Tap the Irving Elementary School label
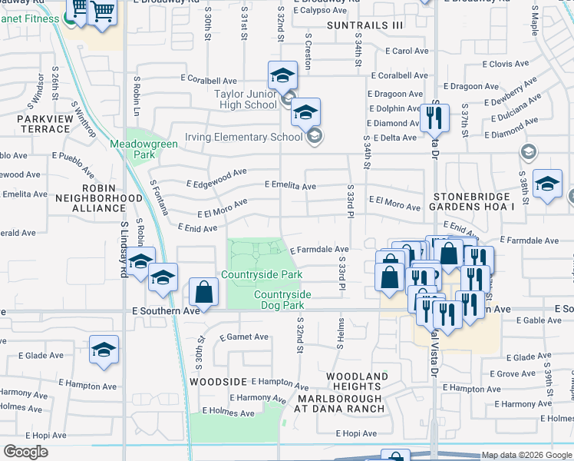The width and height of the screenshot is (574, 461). [243, 137]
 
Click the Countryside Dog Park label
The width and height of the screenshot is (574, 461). [282, 300]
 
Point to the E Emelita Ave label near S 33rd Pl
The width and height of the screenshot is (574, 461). [290, 186]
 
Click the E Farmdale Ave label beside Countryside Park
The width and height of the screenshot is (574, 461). [320, 249]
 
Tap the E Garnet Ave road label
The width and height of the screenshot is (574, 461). [243, 337]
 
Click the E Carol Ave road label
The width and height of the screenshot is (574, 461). [400, 51]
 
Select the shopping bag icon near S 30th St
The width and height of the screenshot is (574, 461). [203, 292]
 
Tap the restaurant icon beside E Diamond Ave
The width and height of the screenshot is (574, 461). [434, 117]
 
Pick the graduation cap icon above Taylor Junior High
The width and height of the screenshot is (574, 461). [282, 75]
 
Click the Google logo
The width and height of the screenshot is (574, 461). [26, 452]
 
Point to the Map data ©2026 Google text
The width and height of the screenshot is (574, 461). [526, 455]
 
